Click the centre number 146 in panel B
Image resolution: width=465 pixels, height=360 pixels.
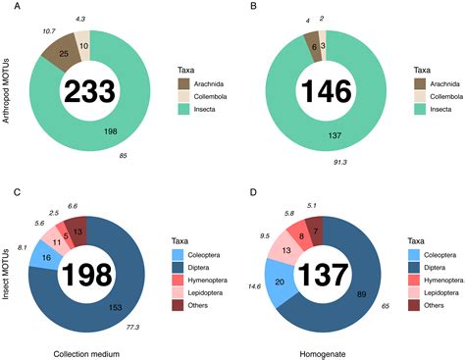[x=318, y=90]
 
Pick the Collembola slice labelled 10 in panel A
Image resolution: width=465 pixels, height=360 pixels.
[x=83, y=44]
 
